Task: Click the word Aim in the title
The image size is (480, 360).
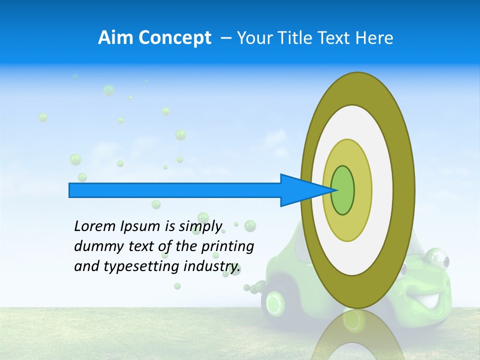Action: [x=114, y=37]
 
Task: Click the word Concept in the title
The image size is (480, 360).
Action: [x=173, y=37]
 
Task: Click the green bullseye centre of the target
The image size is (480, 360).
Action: [x=343, y=190]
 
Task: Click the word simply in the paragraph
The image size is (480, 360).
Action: [x=200, y=226]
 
